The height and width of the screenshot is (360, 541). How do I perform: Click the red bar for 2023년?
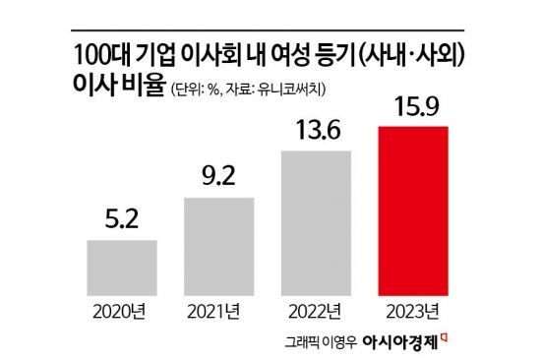(x=413, y=210)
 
